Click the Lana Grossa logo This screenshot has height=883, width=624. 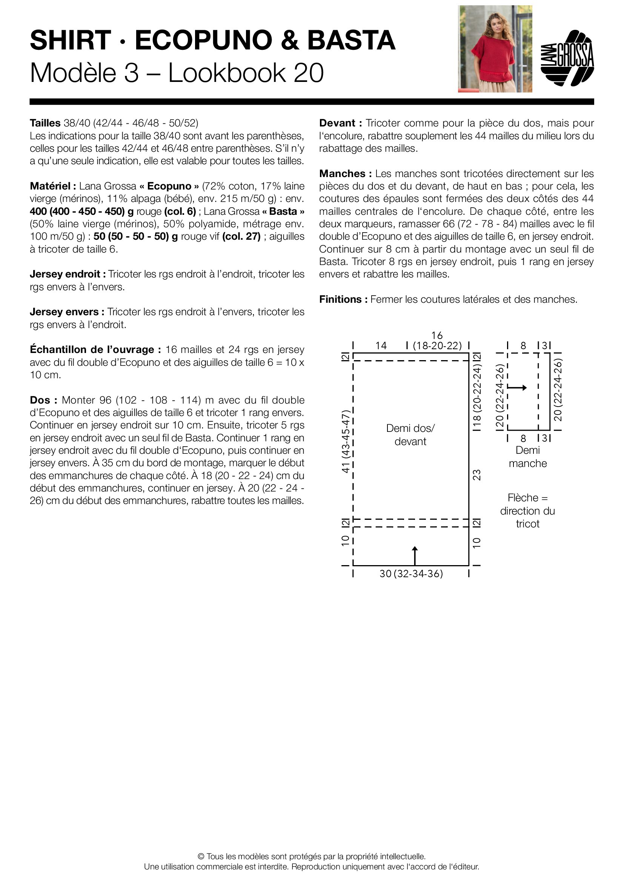pos(567,58)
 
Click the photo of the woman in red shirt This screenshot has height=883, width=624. pos(495,49)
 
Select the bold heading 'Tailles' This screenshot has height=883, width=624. pos(45,123)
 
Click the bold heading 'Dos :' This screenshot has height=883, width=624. pos(43,400)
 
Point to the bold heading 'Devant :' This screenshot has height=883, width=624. pos(340,123)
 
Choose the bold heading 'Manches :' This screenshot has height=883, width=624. pos(345,173)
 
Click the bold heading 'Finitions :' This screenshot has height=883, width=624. pos(343,299)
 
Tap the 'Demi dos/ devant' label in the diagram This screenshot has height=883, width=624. pos(410,435)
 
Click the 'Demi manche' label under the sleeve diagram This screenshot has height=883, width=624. pos(527,456)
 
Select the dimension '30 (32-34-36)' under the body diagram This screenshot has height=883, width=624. pos(411,574)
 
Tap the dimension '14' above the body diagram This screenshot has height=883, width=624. pos(381,345)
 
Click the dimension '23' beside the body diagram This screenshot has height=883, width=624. pos(476,475)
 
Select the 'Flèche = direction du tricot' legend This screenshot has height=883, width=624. pos(527,511)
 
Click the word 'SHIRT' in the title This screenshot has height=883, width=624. pos(71,40)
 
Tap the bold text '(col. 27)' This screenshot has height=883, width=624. pos(241,237)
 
